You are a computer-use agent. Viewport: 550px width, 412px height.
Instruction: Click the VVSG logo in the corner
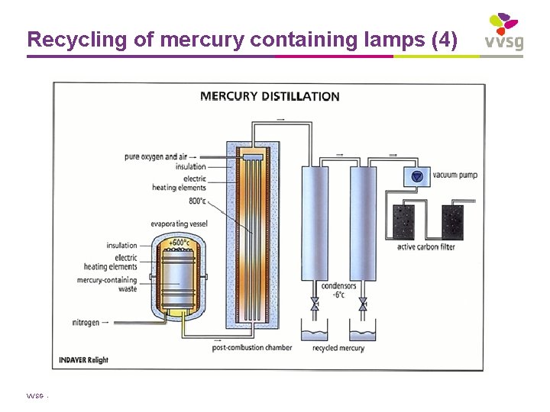point(504,32)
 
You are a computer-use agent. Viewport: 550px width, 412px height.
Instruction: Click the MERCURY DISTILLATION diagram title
point(270,97)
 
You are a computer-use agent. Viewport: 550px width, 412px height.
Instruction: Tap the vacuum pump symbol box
point(416,176)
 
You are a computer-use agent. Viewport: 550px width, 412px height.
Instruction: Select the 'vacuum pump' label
point(455,175)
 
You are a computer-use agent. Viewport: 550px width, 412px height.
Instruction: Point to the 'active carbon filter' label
point(425,247)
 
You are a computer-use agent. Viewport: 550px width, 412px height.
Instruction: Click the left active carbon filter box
point(402,221)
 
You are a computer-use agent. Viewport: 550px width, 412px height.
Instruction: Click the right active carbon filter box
point(452,221)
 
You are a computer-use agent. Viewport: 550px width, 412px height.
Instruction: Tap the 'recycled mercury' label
point(338,348)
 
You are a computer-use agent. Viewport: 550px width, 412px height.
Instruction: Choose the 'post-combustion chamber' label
point(251,348)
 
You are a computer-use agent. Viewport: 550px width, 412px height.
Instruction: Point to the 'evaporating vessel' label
point(180,224)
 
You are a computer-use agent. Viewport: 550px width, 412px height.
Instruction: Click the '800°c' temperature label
point(196,201)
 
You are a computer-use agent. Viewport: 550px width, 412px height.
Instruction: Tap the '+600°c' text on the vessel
point(179,243)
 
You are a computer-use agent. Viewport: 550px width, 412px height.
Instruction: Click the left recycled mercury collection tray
point(313,333)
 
